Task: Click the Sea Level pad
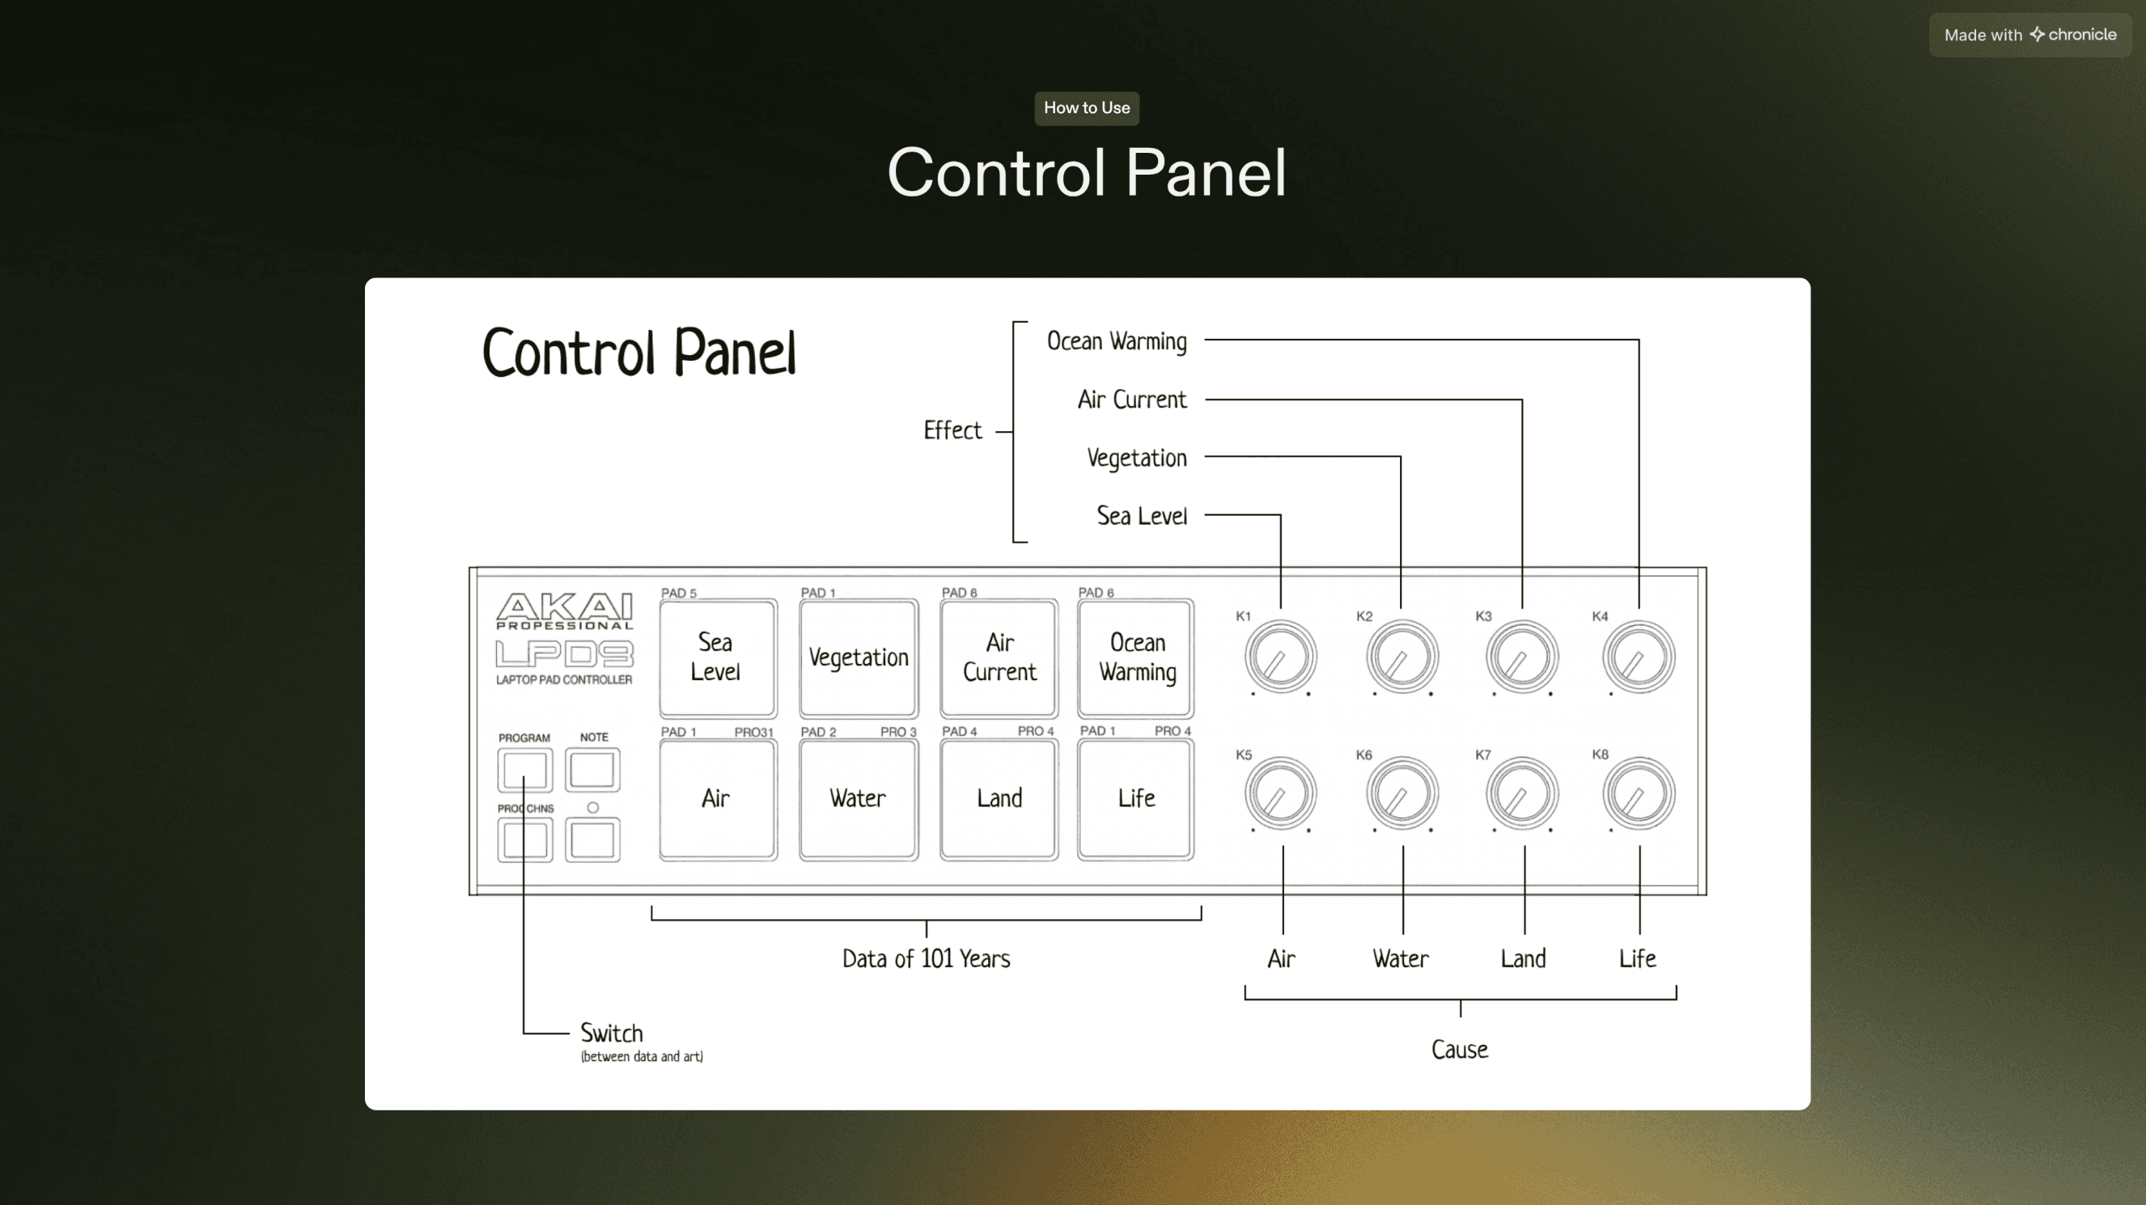[x=717, y=657]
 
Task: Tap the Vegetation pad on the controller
[x=858, y=657]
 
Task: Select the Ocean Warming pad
[x=1135, y=657]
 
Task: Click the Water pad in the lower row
[x=858, y=798]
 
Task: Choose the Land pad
[x=999, y=798]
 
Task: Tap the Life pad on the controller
[x=1135, y=798]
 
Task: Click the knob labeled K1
[x=1280, y=657]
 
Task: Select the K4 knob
[x=1638, y=657]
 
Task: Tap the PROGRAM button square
[x=525, y=769]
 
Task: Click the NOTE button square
[x=592, y=769]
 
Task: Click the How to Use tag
[x=1086, y=108]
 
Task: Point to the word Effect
[x=952, y=430]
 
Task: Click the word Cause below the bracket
[x=1460, y=1049]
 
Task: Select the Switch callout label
[x=612, y=1034]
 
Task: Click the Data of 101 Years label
[x=926, y=958]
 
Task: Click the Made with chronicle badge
[x=2029, y=35]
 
